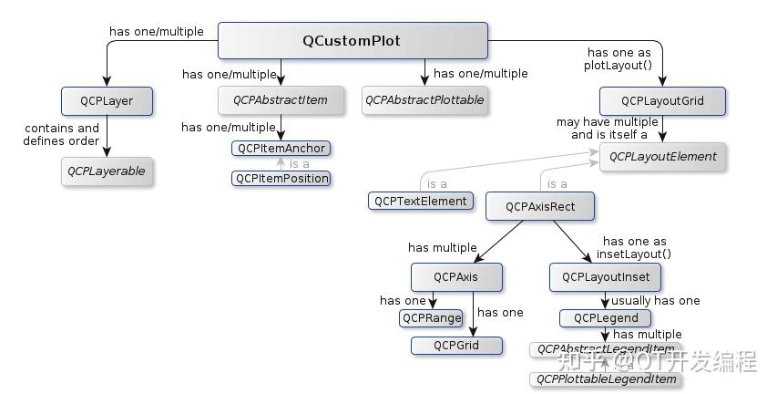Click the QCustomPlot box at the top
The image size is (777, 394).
click(352, 41)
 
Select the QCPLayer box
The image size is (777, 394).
click(107, 100)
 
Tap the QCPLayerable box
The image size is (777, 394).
click(107, 171)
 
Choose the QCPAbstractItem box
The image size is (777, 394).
click(281, 100)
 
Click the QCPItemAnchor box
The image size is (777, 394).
click(281, 148)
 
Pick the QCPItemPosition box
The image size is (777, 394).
click(281, 178)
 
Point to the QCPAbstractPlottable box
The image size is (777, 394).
click(424, 100)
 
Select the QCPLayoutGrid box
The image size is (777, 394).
click(662, 100)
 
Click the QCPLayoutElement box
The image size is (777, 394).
click(662, 156)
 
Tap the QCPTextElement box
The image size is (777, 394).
click(421, 201)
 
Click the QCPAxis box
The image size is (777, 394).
click(456, 276)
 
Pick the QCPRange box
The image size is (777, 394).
click(431, 317)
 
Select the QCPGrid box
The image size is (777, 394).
click(456, 345)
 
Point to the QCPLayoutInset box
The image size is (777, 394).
click(605, 276)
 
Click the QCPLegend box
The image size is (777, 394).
click(605, 317)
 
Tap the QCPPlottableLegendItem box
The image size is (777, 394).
click(606, 378)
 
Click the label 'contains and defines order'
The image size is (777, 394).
click(62, 134)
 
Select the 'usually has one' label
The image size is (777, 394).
click(656, 300)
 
